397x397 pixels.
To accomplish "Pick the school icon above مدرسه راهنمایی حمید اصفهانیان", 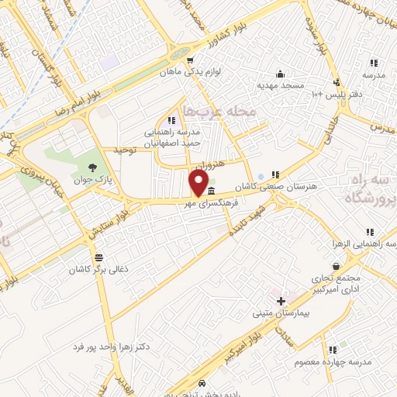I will pyautogui.click(x=171, y=120).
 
